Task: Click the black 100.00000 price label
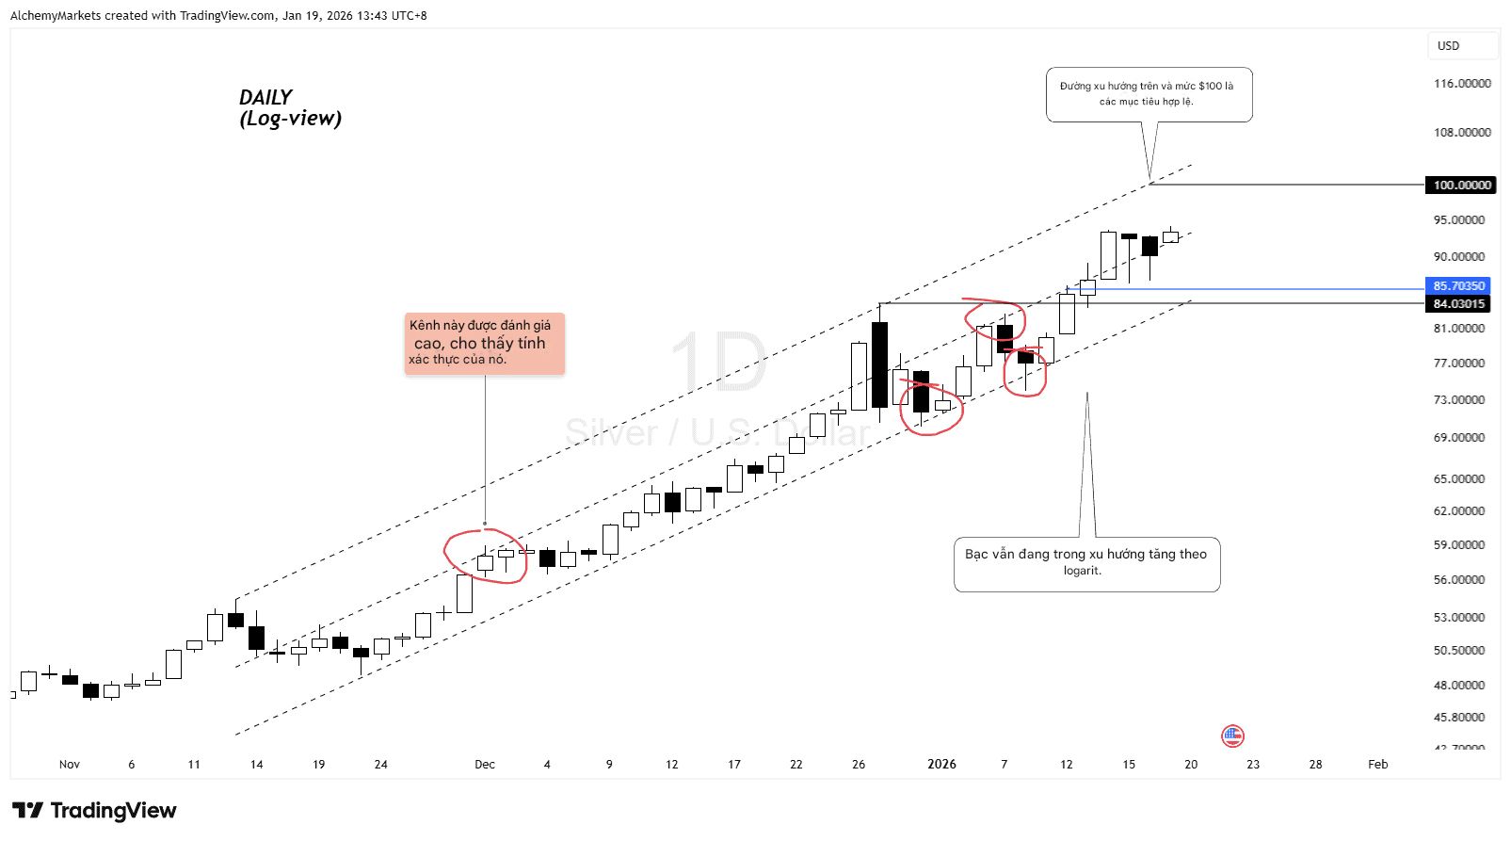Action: (1461, 185)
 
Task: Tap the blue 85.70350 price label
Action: (1458, 285)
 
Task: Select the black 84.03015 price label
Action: (1458, 303)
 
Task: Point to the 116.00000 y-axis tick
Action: (1461, 84)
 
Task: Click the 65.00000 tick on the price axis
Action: (1458, 478)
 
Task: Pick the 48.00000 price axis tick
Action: (1458, 685)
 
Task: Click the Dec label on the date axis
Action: (484, 764)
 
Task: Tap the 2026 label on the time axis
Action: (941, 764)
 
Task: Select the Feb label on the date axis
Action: (1377, 764)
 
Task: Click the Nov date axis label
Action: (70, 764)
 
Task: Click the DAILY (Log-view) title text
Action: (289, 107)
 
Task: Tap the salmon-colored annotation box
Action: (484, 343)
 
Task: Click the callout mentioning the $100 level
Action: (1149, 94)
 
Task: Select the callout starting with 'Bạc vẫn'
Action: (1086, 563)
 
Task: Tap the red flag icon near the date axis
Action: (1232, 736)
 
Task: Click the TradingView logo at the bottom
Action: (94, 811)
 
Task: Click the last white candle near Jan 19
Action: (1170, 236)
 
